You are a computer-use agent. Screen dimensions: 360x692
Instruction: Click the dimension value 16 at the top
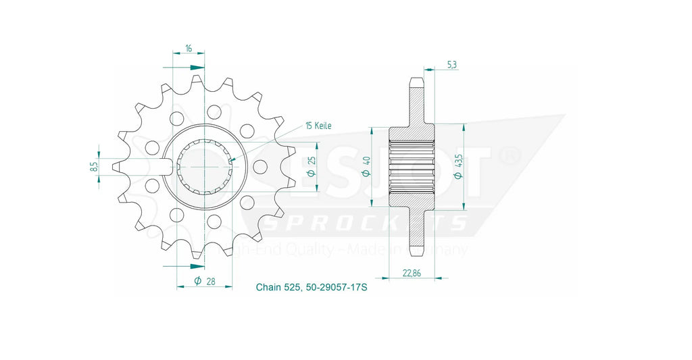click(188, 49)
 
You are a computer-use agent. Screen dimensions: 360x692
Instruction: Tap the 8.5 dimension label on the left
click(95, 165)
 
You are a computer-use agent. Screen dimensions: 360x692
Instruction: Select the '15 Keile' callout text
click(318, 126)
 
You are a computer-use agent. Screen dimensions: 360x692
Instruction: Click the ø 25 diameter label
click(312, 165)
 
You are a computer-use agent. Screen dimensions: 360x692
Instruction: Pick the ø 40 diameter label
click(366, 165)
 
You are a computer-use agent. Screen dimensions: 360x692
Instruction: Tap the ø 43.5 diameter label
click(459, 166)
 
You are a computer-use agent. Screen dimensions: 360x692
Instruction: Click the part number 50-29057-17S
click(336, 288)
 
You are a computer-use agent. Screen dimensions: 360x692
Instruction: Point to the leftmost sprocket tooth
click(117, 165)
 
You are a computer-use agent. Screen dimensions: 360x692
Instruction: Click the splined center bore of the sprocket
click(205, 165)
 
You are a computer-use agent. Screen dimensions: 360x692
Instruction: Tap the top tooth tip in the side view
click(416, 82)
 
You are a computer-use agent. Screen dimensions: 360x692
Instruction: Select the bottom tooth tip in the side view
click(416, 251)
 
